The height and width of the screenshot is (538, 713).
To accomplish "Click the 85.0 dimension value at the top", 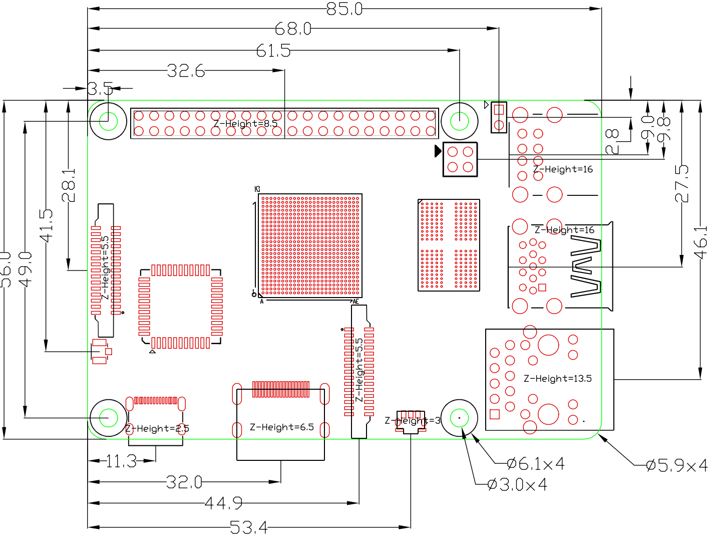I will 344,9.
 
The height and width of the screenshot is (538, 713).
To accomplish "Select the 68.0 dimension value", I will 293,29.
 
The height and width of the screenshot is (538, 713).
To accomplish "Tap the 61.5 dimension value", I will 273,51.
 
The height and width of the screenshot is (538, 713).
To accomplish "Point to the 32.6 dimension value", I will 186,71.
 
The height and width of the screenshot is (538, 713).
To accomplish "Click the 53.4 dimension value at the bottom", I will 249,527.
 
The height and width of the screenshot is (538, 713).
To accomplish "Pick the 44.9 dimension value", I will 224,502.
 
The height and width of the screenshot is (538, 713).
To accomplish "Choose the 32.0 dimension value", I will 184,482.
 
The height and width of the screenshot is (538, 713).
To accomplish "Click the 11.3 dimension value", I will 121,461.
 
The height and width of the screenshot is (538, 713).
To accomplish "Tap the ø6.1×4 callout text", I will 536,464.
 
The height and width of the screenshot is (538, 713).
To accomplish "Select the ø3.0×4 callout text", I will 517,484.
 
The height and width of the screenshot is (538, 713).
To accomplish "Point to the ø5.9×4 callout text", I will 676,465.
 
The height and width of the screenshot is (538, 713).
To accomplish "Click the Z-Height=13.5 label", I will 557,378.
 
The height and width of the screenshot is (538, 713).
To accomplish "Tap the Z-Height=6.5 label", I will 282,427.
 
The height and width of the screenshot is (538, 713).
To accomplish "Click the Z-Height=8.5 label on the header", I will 245,123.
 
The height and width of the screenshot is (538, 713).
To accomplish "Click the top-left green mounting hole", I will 108,121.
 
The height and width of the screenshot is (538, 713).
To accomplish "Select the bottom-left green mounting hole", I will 108,418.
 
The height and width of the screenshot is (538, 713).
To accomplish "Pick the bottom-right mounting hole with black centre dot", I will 459,418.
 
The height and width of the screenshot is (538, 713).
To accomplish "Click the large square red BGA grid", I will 310,245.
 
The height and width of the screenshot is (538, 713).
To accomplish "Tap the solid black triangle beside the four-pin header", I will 438,150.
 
